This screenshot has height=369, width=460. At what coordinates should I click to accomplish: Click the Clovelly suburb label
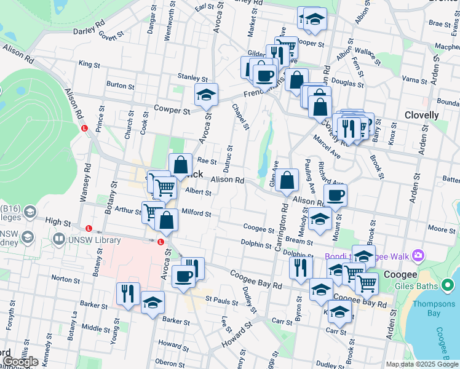[421, 115]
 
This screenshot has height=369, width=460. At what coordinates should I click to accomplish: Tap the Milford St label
[196, 214]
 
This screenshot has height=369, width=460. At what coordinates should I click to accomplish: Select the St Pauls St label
[221, 301]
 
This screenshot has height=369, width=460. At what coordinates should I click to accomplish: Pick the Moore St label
[440, 229]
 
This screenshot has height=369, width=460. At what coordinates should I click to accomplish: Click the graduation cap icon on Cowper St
[206, 95]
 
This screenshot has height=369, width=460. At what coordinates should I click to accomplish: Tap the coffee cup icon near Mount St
[335, 196]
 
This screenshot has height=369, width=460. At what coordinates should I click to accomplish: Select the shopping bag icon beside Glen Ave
[287, 181]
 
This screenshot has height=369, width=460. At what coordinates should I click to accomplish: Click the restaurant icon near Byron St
[301, 268]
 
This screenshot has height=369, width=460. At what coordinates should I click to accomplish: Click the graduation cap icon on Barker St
[153, 303]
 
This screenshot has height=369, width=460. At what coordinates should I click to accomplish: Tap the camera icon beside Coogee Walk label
[418, 255]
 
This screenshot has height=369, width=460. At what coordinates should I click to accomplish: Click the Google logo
[20, 362]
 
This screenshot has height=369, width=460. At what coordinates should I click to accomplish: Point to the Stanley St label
[193, 79]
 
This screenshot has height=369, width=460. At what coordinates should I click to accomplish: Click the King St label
[89, 63]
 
